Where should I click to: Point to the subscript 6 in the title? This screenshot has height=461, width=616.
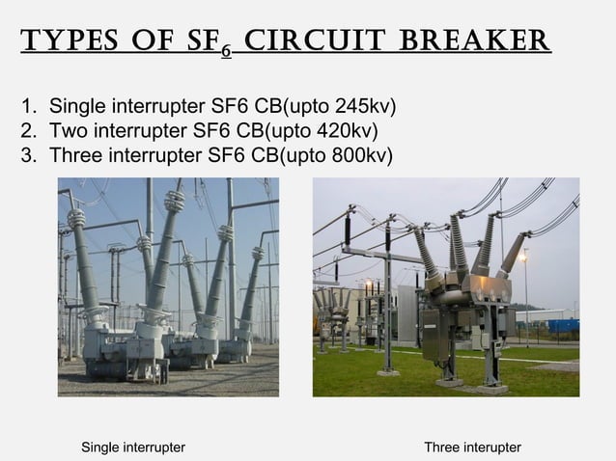pyautogui.click(x=224, y=52)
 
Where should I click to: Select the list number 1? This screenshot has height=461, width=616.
pyautogui.click(x=27, y=105)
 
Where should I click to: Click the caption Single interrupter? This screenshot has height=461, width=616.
pyautogui.click(x=133, y=447)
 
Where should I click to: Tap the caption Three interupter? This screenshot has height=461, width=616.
pyautogui.click(x=472, y=447)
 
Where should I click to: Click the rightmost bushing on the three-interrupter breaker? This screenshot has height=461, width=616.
pyautogui.click(x=514, y=254)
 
